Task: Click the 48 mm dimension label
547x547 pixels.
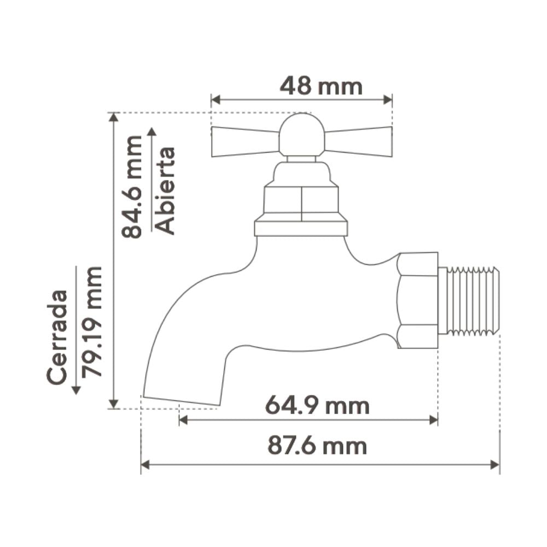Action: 321,86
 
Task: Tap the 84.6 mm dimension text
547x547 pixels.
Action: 132,187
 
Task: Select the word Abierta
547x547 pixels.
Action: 164,190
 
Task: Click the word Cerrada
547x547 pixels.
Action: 57,337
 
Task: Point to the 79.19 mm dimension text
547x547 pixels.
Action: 92,322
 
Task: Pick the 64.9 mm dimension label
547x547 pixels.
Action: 317,406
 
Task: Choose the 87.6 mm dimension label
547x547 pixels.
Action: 317,446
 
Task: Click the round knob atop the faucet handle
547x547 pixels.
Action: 302,135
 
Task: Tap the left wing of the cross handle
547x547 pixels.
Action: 246,142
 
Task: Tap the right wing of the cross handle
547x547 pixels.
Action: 359,142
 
